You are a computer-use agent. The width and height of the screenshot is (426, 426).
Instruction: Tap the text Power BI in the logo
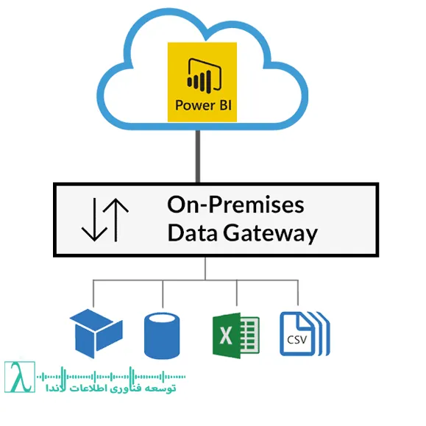tap(205, 104)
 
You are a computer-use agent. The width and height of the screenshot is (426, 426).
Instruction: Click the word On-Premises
tap(235, 205)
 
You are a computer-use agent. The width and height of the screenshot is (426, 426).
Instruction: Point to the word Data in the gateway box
tap(191, 234)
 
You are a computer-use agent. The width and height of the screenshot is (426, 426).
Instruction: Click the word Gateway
tap(269, 234)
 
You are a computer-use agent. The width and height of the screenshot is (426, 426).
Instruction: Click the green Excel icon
tap(235, 335)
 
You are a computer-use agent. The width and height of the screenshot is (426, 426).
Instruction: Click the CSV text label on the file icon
tap(298, 341)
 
